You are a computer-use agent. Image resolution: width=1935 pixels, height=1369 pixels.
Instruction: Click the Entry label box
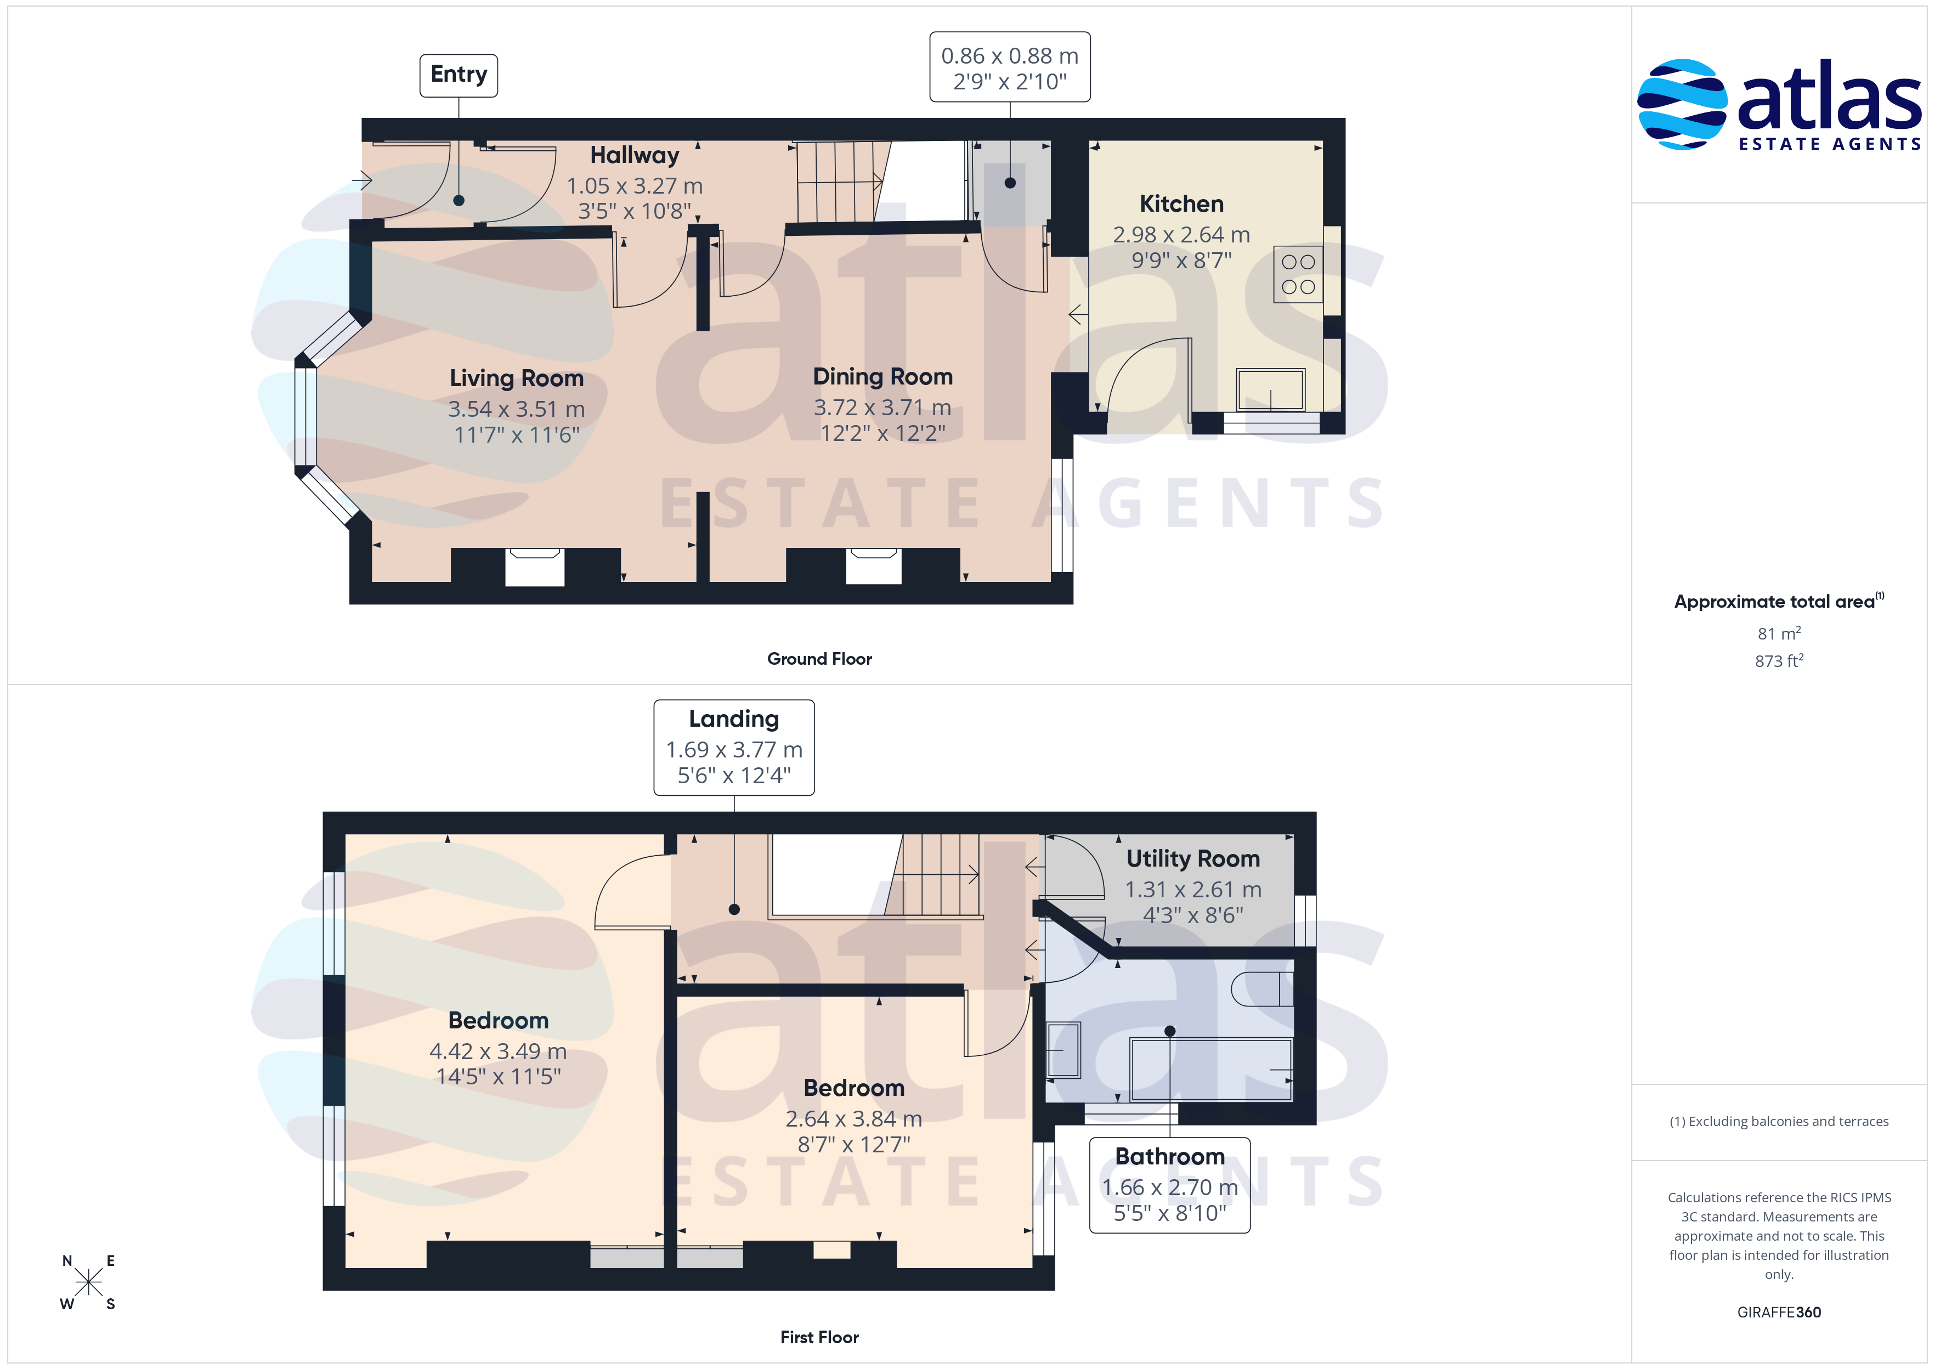459,75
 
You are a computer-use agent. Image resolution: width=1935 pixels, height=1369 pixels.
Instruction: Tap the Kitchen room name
1181,204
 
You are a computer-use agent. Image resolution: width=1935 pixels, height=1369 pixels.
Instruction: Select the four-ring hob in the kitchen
1298,274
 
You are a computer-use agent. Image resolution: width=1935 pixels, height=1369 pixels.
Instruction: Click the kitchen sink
1270,389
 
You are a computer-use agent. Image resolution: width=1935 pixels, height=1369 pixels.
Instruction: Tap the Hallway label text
634,155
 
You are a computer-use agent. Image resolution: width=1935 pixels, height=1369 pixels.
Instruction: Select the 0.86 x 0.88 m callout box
1010,67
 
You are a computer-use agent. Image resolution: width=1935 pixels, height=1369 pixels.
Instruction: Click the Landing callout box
734,748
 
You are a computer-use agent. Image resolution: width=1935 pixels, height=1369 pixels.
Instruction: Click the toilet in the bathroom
1261,989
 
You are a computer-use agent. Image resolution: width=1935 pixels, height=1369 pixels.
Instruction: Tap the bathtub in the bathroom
1210,1070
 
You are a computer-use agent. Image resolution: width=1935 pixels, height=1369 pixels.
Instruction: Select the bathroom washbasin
1063,1049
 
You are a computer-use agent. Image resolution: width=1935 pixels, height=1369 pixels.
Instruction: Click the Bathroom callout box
1170,1185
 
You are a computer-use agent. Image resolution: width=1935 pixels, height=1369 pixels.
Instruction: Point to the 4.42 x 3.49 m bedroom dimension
498,1052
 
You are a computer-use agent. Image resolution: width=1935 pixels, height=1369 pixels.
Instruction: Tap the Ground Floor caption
819,659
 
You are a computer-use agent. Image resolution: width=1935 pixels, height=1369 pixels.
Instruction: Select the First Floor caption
819,1338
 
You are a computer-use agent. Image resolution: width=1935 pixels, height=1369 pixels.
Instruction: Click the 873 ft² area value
1779,661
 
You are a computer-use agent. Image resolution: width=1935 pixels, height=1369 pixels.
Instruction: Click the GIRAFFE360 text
1779,1313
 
